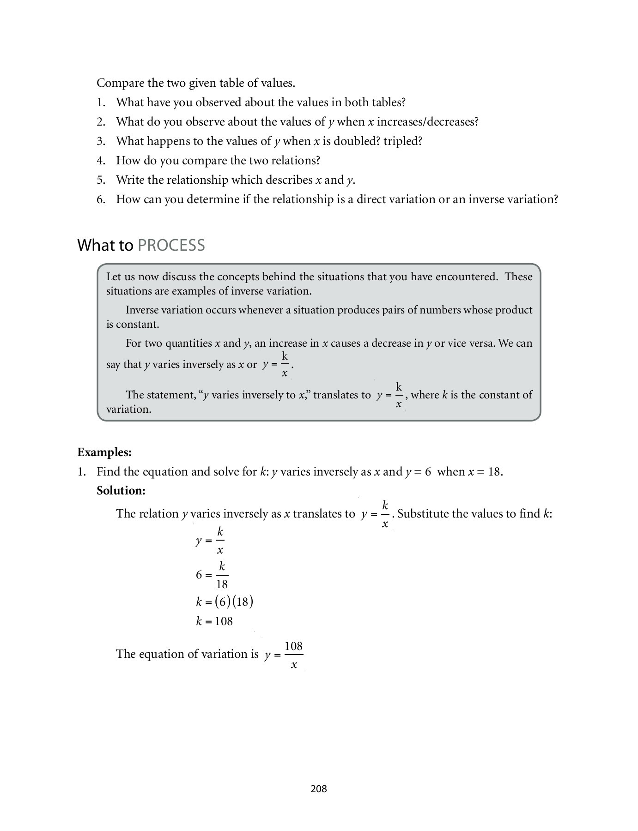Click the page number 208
[x=318, y=789]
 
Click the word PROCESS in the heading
[x=171, y=245]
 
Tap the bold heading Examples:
[x=104, y=452]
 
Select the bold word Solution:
[x=121, y=490]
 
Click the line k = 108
[x=214, y=621]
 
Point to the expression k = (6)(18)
[x=224, y=602]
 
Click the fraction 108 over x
[x=293, y=655]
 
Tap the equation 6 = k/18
[x=212, y=575]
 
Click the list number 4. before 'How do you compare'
[x=101, y=161]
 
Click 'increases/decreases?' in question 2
[x=428, y=122]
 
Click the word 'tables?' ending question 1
[x=388, y=102]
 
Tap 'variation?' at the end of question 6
[x=533, y=199]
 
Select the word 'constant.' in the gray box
[x=138, y=324]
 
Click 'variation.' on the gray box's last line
[x=129, y=409]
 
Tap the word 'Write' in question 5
[x=130, y=180]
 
